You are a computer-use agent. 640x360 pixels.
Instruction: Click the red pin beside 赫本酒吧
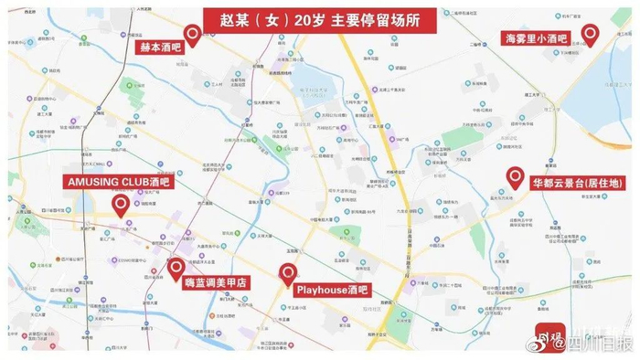click(193, 36)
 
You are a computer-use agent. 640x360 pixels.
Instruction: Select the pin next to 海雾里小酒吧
click(591, 36)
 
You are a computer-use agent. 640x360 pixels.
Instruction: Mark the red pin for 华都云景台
click(515, 178)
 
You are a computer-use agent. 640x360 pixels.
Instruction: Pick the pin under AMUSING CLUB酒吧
click(121, 206)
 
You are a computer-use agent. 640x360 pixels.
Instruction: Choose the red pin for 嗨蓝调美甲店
click(176, 269)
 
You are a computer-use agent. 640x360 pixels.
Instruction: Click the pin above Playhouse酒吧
click(288, 272)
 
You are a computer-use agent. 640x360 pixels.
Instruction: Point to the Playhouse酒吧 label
click(332, 290)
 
